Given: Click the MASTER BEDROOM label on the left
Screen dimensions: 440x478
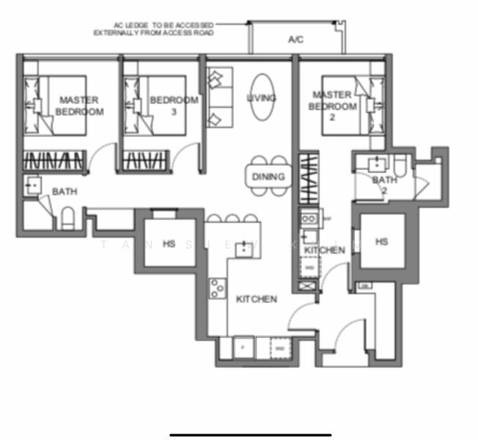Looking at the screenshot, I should point(79,106).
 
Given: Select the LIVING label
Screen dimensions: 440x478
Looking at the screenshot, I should point(261,98).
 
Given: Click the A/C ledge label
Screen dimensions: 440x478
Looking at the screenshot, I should point(296,40).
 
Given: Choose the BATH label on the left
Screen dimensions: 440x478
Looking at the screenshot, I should point(64,192).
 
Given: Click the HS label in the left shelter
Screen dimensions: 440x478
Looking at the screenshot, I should point(169,243).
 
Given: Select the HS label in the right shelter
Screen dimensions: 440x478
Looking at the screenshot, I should point(381,241).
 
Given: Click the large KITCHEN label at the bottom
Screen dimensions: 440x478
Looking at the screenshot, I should point(257,299).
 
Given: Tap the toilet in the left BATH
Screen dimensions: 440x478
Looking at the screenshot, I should point(67,218).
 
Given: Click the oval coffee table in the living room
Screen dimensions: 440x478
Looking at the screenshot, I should point(262,98).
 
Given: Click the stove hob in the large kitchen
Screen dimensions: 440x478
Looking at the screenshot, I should point(217,290).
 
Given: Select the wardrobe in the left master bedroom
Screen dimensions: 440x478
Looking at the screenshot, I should point(54,161).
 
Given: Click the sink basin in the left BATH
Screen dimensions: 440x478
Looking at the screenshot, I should point(33,186).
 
